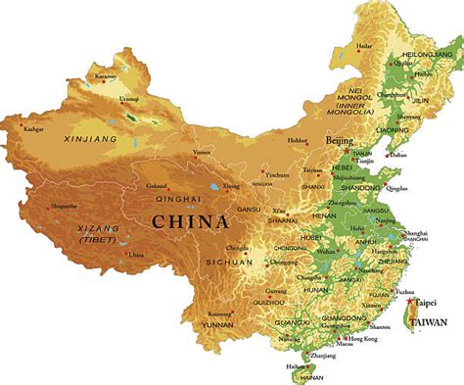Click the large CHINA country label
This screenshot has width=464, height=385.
[190, 222]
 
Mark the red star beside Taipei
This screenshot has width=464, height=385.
[409, 302]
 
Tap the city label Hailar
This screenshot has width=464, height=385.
[364, 45]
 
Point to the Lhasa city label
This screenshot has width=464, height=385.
[137, 254]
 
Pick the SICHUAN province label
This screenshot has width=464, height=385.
[228, 264]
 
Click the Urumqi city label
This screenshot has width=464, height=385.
[129, 99]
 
